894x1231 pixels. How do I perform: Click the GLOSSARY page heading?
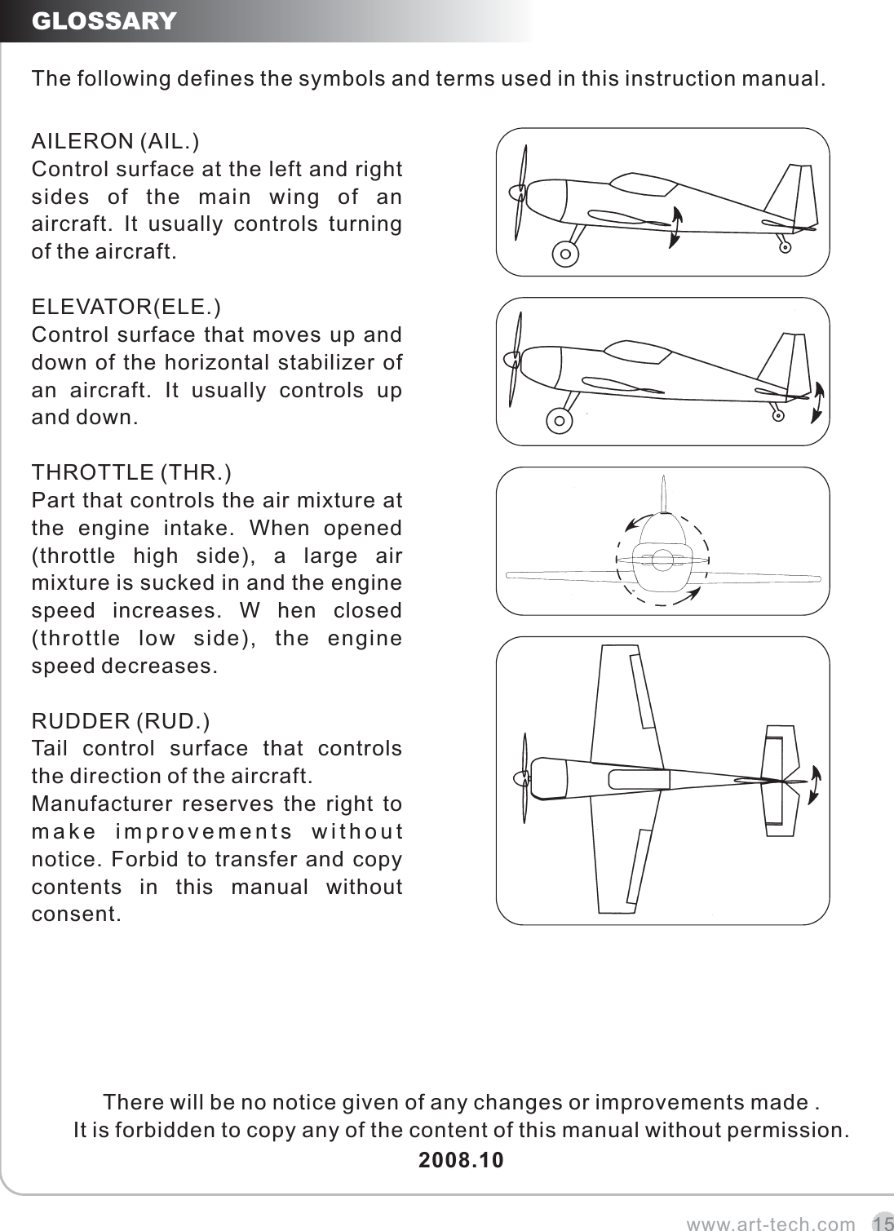click(x=104, y=20)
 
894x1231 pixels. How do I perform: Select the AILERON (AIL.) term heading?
click(x=113, y=141)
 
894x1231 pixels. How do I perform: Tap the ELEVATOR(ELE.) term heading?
click(x=125, y=307)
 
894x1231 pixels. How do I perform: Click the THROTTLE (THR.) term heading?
click(x=131, y=472)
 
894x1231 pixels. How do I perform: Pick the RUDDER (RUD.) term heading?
click(x=120, y=721)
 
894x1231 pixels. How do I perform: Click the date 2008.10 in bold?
click(x=461, y=1159)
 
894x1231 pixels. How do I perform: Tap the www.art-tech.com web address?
click(x=771, y=1223)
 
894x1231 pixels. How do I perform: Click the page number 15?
click(x=882, y=1223)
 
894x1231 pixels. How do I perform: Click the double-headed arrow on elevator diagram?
click(x=817, y=402)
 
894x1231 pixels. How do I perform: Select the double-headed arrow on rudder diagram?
click(x=816, y=785)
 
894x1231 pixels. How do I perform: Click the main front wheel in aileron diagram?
click(x=565, y=255)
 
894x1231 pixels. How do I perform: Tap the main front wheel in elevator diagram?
click(x=559, y=422)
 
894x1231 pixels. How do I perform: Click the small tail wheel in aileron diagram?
click(x=785, y=247)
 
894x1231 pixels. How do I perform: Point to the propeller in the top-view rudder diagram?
click(x=523, y=779)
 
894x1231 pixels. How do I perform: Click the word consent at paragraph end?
click(x=75, y=914)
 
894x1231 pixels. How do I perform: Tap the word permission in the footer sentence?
click(x=796, y=1131)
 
